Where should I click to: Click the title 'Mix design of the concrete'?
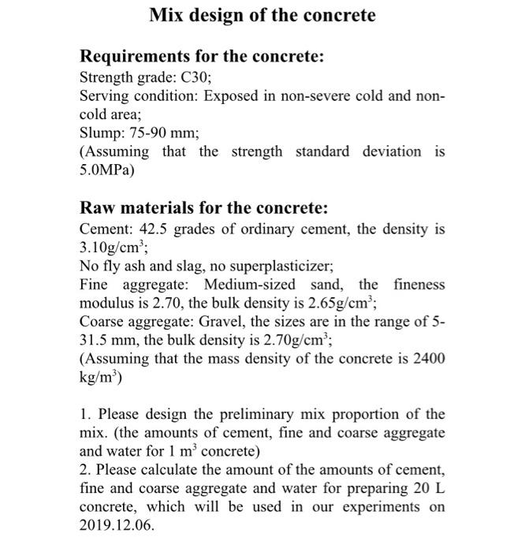pyautogui.click(x=262, y=15)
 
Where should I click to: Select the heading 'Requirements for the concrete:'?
pyautogui.click(x=203, y=57)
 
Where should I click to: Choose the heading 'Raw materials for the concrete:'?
pyautogui.click(x=203, y=208)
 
